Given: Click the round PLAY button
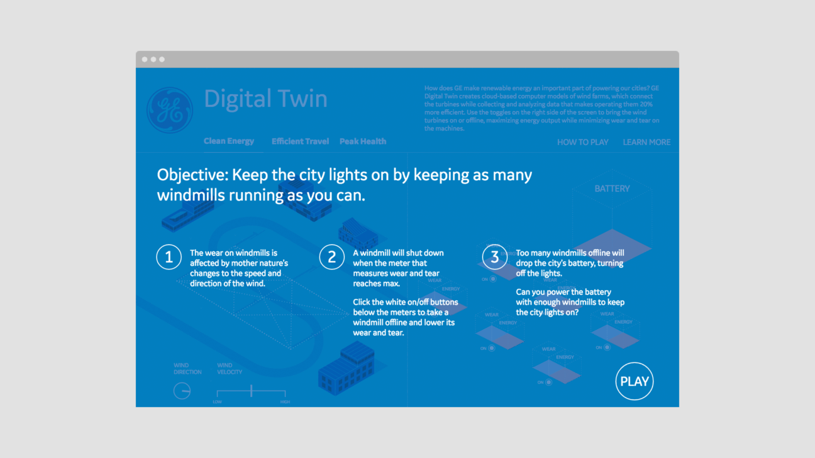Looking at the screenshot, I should (635, 381).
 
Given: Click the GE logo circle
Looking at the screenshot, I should (169, 110).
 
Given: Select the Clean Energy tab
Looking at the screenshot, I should (229, 141).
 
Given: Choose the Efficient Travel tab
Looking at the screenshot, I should (300, 141).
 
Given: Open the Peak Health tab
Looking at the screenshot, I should (363, 141).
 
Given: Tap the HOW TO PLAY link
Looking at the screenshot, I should (582, 142).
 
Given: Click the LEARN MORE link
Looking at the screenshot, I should (646, 142).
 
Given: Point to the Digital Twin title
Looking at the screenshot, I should (265, 99).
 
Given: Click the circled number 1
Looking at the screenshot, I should (169, 257).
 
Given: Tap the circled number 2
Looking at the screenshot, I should (331, 257).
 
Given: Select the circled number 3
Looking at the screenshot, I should (495, 257).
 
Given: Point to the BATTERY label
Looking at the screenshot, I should (612, 188).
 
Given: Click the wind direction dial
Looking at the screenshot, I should (182, 391).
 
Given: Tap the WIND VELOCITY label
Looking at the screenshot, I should (230, 369).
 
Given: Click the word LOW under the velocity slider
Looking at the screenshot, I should (217, 401).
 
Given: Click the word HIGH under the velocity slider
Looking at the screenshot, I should (285, 401).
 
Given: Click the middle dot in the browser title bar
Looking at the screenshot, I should (153, 60).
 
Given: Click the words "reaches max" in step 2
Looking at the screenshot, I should (376, 283).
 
